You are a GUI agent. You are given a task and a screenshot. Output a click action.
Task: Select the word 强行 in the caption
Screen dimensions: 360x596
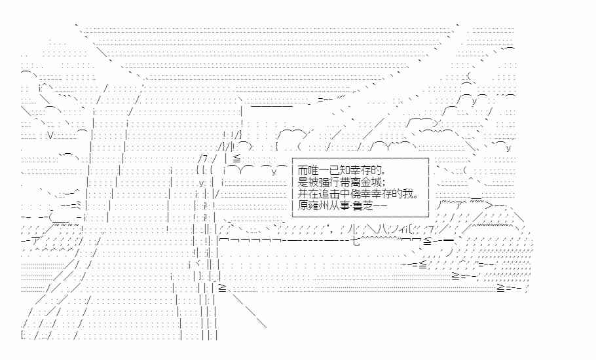[x=324, y=181]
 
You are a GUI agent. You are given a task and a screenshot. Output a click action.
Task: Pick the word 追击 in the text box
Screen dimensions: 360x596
[x=324, y=193]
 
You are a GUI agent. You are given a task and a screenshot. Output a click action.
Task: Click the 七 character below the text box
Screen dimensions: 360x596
[x=356, y=240]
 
